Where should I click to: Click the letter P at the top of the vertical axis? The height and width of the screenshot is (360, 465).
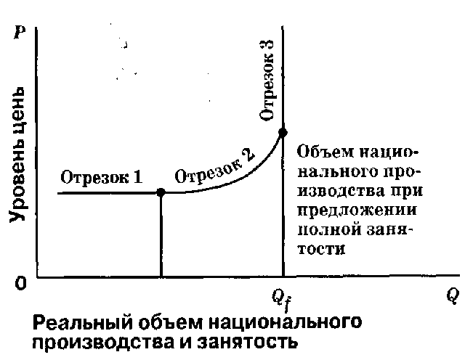[20, 32]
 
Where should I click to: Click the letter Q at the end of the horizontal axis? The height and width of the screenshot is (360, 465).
[453, 297]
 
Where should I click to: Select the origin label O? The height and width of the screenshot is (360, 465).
[20, 283]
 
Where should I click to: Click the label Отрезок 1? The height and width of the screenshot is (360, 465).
[102, 178]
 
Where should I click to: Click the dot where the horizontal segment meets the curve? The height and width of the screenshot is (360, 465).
[161, 192]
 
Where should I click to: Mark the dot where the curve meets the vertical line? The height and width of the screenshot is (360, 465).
[283, 133]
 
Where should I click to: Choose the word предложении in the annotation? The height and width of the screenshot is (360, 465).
[357, 211]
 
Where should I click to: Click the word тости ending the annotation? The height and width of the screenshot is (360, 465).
[321, 249]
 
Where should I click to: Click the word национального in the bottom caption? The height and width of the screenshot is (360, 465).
[286, 323]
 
